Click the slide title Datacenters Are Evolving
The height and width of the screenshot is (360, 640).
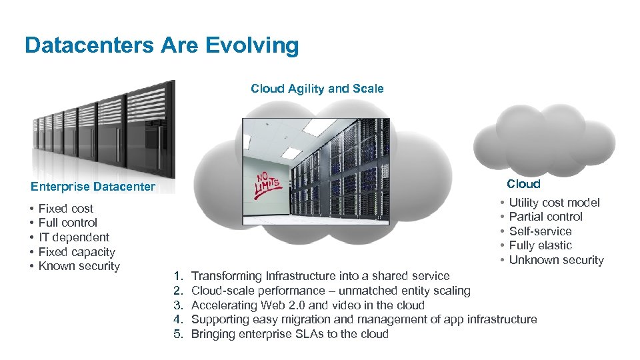click(x=161, y=45)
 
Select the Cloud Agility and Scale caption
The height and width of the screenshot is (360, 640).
click(x=317, y=89)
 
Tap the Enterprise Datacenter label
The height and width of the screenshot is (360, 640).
click(x=93, y=187)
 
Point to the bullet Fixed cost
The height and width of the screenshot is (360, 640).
click(x=65, y=209)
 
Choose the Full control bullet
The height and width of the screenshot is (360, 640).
click(x=67, y=223)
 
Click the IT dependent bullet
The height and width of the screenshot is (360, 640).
click(x=73, y=237)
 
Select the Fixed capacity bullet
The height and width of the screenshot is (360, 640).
click(x=77, y=252)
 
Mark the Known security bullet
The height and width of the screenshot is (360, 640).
click(x=79, y=266)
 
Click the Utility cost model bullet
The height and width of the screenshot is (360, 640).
click(x=554, y=203)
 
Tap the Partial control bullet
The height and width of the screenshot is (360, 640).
click(x=545, y=217)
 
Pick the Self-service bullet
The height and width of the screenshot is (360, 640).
click(x=540, y=231)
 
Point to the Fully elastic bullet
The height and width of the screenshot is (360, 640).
click(x=540, y=245)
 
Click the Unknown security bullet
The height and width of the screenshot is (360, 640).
click(x=556, y=260)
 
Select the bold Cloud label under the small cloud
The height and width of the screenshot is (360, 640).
click(x=523, y=184)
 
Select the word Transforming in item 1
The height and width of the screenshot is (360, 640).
click(x=226, y=276)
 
